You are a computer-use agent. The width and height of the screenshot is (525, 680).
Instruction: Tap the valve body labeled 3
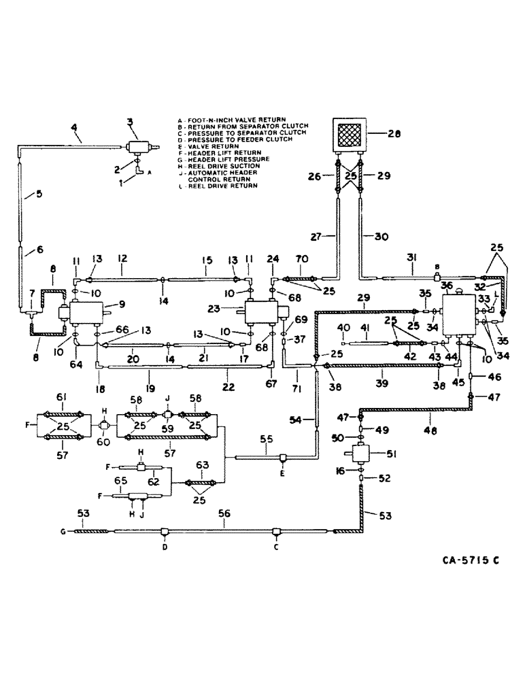point(137,146)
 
